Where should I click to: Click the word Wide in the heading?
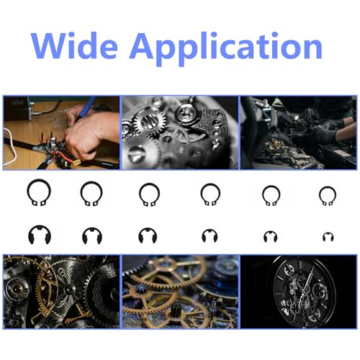(x=74, y=45)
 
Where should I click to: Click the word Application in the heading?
(x=226, y=49)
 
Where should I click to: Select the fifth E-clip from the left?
(x=266, y=237)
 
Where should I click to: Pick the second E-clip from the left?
(x=84, y=236)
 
